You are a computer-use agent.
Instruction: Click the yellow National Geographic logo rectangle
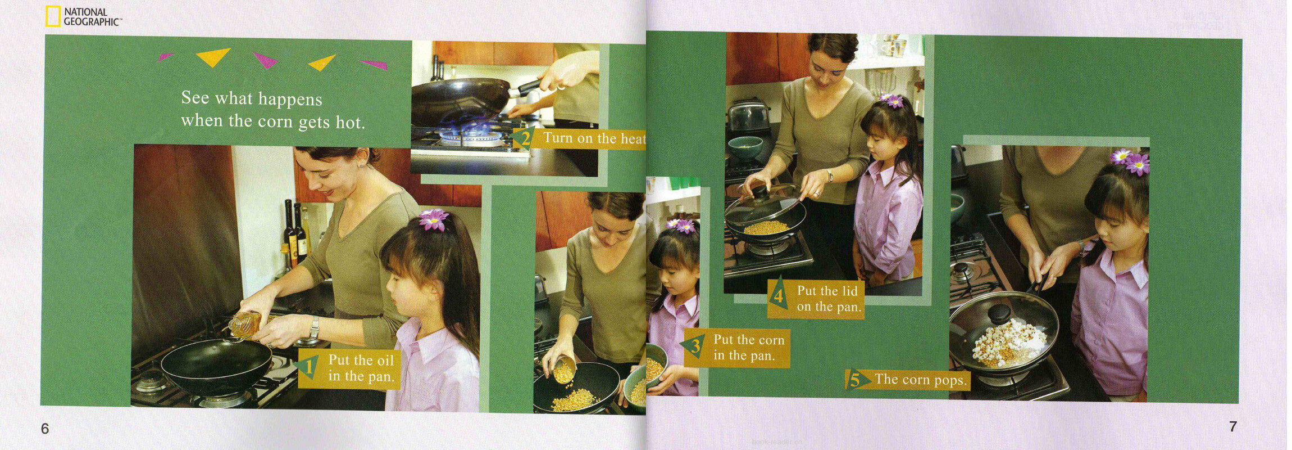(53, 16)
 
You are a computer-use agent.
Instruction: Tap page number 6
(45, 429)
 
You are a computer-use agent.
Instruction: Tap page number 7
(1233, 427)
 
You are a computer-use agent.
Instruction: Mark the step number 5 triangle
(856, 380)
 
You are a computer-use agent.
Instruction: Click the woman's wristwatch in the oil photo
(314, 328)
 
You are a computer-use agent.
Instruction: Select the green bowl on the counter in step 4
(745, 147)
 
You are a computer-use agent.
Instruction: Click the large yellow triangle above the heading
(213, 56)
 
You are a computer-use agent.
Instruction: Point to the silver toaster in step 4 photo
(748, 116)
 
